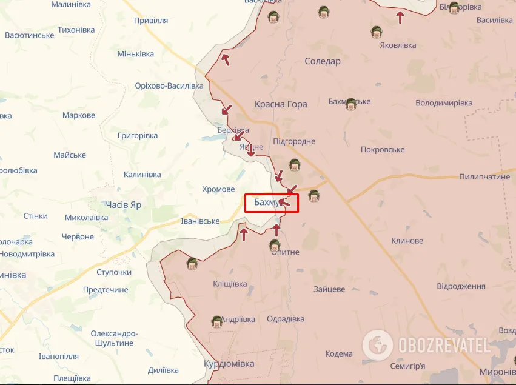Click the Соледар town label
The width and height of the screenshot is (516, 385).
tap(323, 61)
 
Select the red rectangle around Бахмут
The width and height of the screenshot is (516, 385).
tap(272, 203)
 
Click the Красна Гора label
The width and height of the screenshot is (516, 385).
tap(281, 104)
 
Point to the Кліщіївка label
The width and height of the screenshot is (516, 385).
tap(230, 284)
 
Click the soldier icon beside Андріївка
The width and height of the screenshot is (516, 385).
tap(216, 321)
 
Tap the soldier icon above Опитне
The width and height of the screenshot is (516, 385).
tap(275, 246)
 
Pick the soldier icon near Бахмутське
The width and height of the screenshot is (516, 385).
tap(350, 103)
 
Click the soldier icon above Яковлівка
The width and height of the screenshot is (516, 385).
tap(377, 33)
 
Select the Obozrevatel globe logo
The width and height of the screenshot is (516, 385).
tap(377, 345)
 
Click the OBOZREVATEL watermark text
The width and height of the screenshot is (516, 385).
tap(444, 346)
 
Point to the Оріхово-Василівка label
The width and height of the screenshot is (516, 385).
tap(169, 85)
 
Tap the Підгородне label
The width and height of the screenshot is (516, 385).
tap(295, 141)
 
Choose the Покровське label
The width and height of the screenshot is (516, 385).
tap(383, 149)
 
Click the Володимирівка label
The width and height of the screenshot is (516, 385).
tap(444, 103)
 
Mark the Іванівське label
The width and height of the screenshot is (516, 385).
tap(200, 221)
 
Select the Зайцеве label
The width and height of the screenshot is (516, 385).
tap(329, 289)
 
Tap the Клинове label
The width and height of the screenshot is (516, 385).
tap(407, 241)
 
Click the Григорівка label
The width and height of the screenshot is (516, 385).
tap(138, 136)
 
